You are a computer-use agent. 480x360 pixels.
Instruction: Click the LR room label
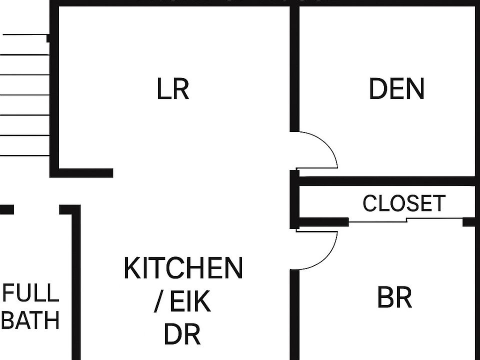(x=173, y=89)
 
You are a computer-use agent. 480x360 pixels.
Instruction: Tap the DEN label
(x=396, y=89)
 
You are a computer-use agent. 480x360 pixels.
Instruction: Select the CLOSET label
(x=403, y=203)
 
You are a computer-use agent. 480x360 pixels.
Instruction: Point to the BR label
(x=394, y=298)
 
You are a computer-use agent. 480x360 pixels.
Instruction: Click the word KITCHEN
(x=183, y=268)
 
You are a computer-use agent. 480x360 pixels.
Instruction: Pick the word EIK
(x=190, y=301)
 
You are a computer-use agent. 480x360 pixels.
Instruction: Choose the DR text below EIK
(x=182, y=334)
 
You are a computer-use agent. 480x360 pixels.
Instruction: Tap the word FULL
(x=31, y=293)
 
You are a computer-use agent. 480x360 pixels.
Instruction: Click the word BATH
(x=31, y=320)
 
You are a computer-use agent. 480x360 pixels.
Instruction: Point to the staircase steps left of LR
(x=25, y=95)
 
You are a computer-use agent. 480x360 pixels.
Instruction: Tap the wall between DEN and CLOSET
(x=385, y=180)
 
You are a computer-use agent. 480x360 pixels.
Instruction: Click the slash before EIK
(x=158, y=302)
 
